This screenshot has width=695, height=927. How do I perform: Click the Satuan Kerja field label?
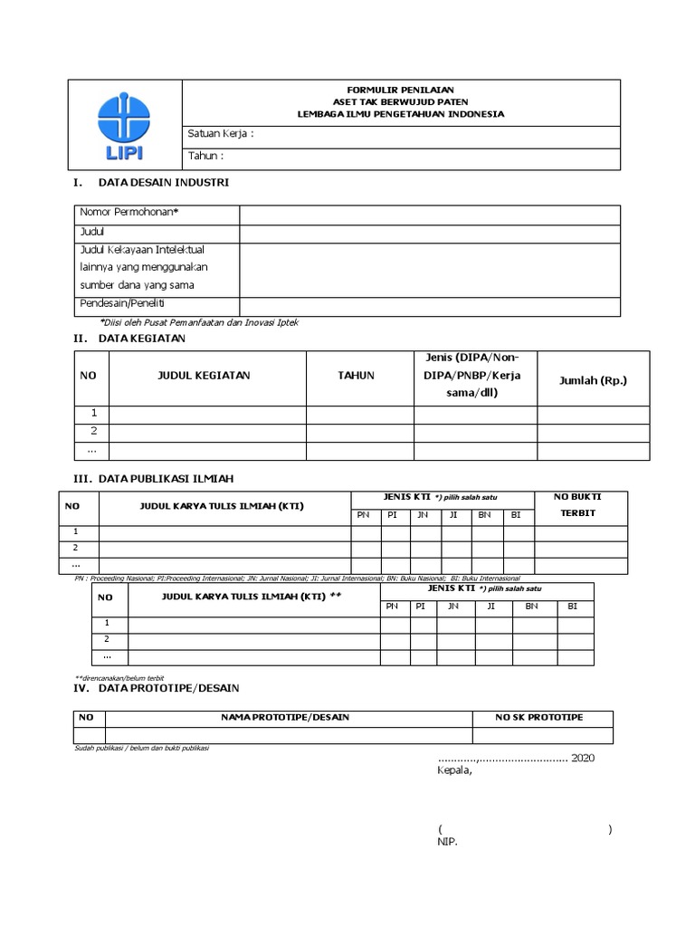point(220,134)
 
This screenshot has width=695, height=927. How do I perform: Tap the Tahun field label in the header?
point(205,156)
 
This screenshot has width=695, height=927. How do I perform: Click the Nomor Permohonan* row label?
point(129,212)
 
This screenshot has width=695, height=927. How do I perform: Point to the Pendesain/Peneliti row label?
point(128,302)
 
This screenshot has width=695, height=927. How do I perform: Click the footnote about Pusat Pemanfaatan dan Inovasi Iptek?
point(198,321)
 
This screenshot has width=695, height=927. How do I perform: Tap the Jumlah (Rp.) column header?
point(593,380)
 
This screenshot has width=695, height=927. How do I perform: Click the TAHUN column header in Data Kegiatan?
point(357,376)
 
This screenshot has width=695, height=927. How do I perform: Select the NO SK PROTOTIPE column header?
point(538,717)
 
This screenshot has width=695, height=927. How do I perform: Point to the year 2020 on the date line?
point(584,758)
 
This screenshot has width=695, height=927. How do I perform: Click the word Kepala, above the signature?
point(454,771)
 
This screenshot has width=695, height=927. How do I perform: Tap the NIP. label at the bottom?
point(447,842)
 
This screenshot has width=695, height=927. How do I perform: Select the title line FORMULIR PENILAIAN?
point(401,91)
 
